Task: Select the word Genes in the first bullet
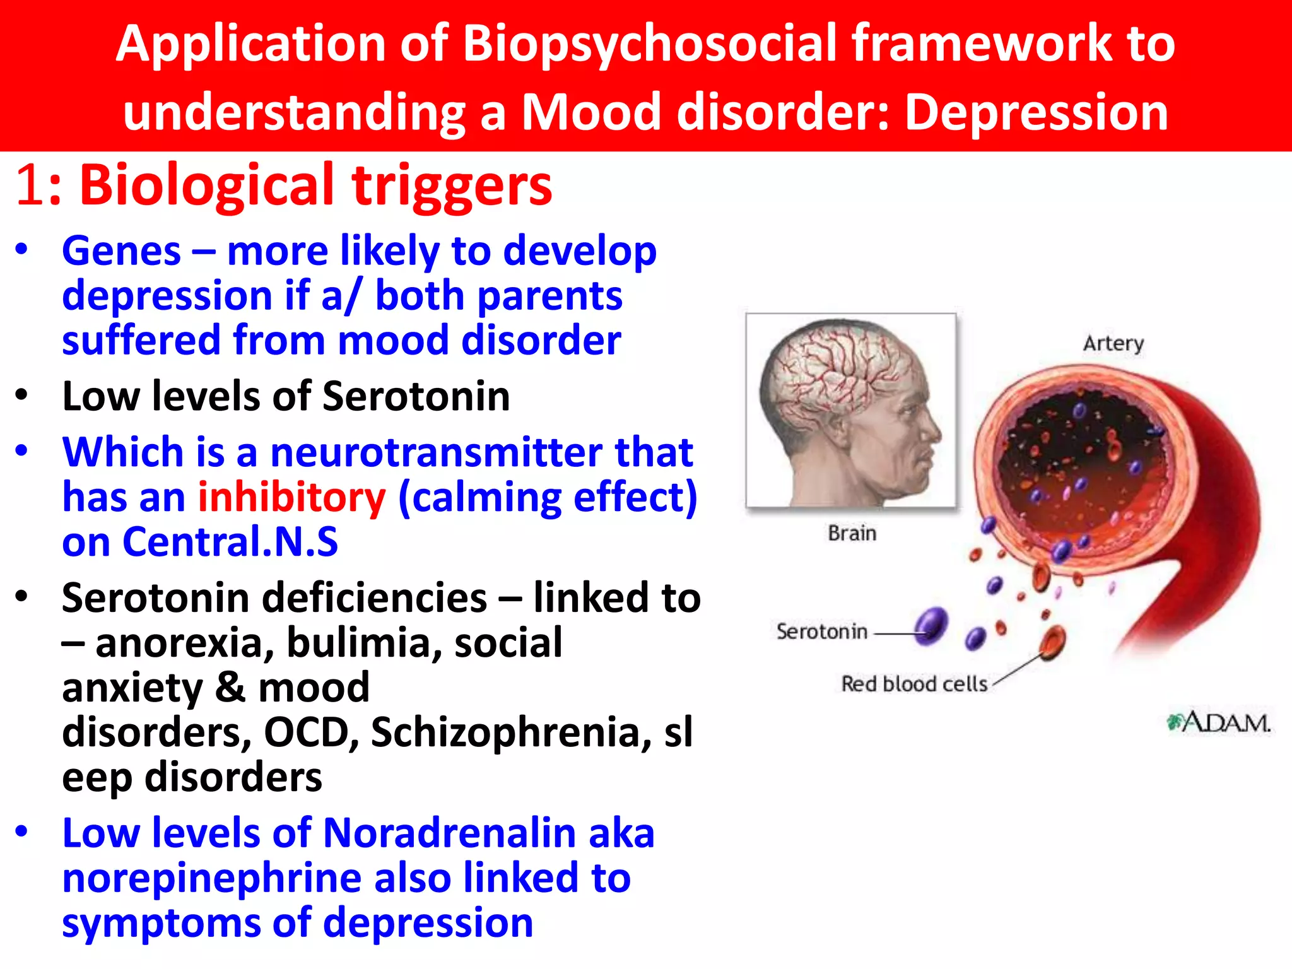[x=121, y=251]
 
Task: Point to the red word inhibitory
[x=291, y=497]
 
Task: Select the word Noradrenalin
[x=449, y=833]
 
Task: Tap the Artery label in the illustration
[x=1113, y=344]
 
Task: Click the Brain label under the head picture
[x=852, y=534]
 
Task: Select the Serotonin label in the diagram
[x=821, y=631]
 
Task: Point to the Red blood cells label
[x=913, y=684]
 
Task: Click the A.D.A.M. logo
[x=1219, y=723]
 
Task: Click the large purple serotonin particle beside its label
[x=931, y=626]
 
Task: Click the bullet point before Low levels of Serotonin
[x=22, y=396]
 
